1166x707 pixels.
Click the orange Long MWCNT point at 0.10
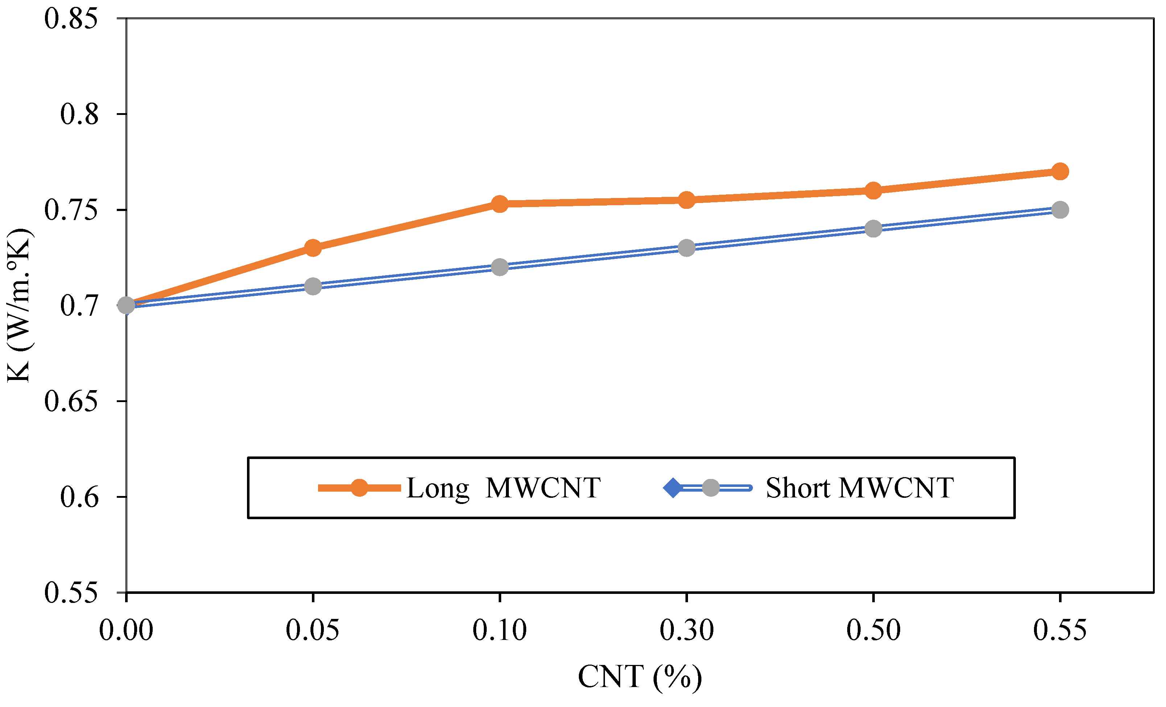click(x=500, y=204)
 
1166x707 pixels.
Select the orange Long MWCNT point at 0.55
click(x=1060, y=171)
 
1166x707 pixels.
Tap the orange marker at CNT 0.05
click(x=313, y=248)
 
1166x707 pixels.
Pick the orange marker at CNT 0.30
click(x=686, y=200)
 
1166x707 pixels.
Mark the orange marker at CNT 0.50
click(x=873, y=191)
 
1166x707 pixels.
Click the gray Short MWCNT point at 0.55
click(x=1060, y=210)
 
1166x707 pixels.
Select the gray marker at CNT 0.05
click(x=313, y=286)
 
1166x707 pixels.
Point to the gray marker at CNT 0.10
click(x=500, y=267)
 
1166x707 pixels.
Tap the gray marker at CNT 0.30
click(x=686, y=248)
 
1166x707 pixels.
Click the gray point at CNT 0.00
click(x=126, y=305)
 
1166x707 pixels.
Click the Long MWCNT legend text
click(x=503, y=488)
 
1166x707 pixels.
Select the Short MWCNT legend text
click(x=859, y=488)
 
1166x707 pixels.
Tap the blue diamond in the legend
click(x=672, y=488)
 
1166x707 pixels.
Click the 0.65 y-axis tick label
click(x=71, y=401)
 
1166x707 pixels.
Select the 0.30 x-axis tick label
click(x=686, y=630)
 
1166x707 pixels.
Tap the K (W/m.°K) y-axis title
click(x=19, y=305)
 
